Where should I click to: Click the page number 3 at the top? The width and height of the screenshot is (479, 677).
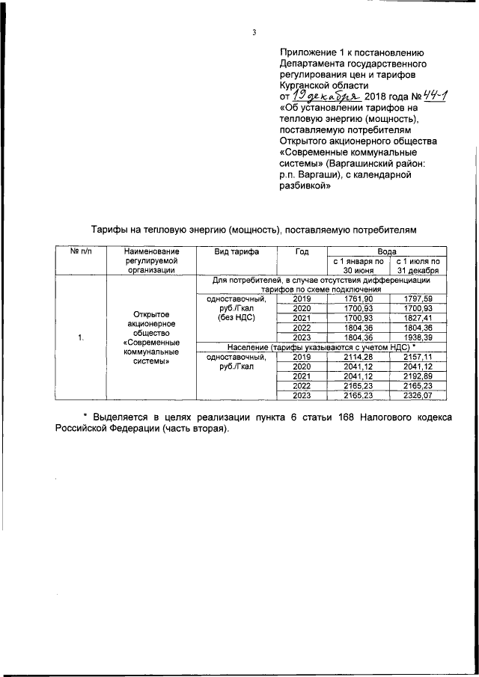[254, 32]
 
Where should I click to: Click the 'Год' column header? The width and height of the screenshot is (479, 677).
[302, 251]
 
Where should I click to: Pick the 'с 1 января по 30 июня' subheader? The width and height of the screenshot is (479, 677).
[358, 266]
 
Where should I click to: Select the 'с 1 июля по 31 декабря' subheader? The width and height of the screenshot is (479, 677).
[418, 266]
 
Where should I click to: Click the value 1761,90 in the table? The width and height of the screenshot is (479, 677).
[358, 298]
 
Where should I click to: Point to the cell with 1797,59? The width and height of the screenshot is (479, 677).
[418, 298]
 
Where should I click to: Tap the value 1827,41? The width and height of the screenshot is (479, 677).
[418, 318]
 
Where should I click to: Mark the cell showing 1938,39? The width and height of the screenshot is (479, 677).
[418, 337]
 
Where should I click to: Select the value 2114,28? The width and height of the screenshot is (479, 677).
[358, 357]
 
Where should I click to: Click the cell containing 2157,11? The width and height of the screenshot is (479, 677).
[418, 357]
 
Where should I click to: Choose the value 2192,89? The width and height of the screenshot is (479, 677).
[418, 376]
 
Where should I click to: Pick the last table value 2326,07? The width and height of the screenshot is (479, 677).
[418, 396]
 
